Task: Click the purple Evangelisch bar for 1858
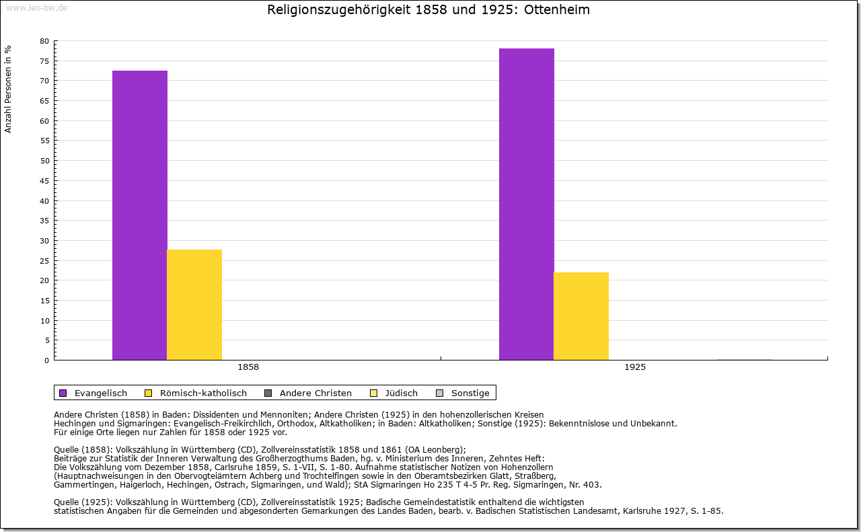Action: (x=140, y=215)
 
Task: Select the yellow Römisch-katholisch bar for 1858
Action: (x=194, y=305)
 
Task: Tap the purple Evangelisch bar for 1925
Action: (x=527, y=204)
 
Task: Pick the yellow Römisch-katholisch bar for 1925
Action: (x=581, y=316)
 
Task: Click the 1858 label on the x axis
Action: (x=248, y=368)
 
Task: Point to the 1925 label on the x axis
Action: (x=635, y=368)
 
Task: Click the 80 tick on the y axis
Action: (x=44, y=41)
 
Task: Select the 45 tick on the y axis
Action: (x=44, y=181)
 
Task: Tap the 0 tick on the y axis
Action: (x=46, y=360)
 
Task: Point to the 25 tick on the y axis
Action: (x=44, y=261)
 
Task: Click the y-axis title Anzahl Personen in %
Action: (x=9, y=89)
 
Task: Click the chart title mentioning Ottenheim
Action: (x=428, y=10)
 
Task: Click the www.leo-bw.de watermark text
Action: (x=36, y=7)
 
